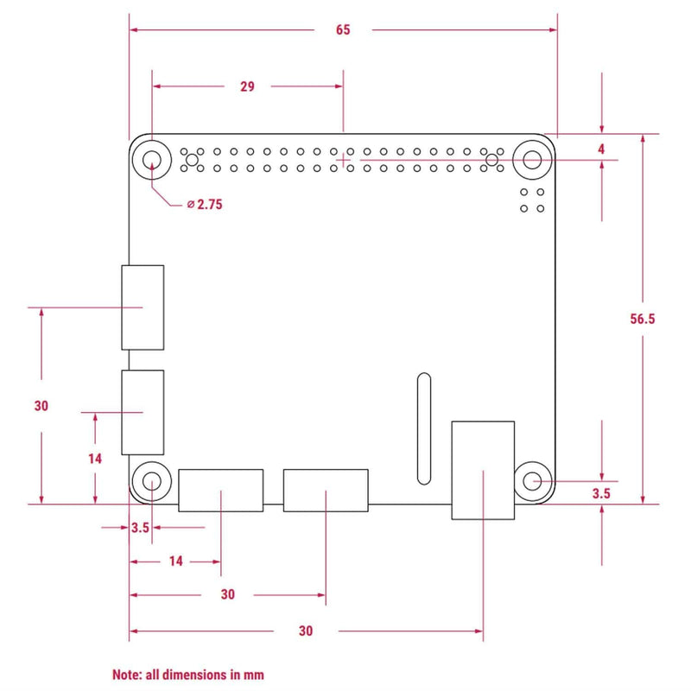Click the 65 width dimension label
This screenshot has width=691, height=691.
(343, 30)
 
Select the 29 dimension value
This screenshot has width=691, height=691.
(247, 86)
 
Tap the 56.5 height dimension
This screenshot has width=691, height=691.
(643, 319)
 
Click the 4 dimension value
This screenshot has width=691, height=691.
(601, 149)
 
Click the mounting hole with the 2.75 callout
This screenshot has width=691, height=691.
(152, 160)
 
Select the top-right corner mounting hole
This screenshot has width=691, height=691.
(533, 160)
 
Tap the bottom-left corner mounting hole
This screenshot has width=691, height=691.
(152, 480)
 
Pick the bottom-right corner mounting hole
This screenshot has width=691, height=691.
(533, 480)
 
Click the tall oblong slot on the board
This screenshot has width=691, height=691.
(422, 429)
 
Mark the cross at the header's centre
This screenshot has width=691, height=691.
(344, 160)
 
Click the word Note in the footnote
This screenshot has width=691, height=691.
(127, 674)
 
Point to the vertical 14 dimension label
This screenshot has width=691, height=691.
(95, 459)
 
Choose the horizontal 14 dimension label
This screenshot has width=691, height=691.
(175, 561)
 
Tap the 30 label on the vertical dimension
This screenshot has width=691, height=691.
(41, 406)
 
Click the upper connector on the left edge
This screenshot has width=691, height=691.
(143, 307)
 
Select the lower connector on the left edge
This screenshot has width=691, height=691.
(143, 413)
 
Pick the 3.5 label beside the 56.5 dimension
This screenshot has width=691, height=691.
(601, 494)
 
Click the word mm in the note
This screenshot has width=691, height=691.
(253, 674)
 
